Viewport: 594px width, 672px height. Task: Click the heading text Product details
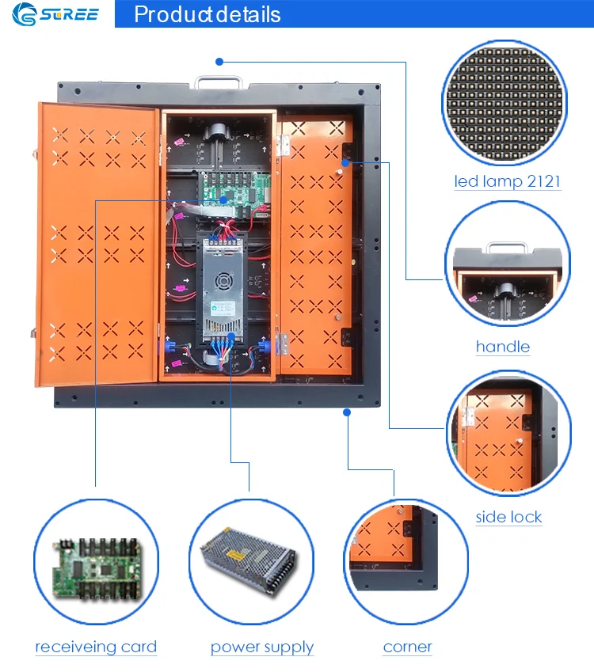(x=207, y=14)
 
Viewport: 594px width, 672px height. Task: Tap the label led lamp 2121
(x=507, y=181)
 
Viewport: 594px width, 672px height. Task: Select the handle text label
(x=503, y=347)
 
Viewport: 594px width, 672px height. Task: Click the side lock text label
(x=508, y=517)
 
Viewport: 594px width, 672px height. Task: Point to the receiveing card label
(x=96, y=647)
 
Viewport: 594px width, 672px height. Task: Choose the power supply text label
(x=262, y=647)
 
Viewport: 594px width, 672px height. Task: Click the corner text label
(x=407, y=647)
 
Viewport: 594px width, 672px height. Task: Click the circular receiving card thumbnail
(x=95, y=563)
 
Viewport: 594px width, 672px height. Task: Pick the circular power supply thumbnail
(x=251, y=563)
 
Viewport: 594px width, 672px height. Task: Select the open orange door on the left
(x=95, y=245)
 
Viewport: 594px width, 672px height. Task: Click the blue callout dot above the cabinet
(x=219, y=61)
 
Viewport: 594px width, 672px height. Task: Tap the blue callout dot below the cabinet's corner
(x=347, y=412)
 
